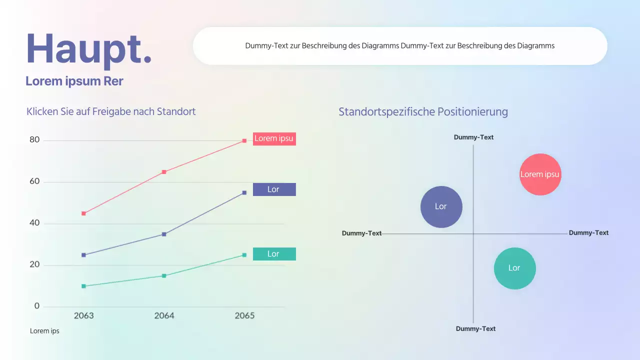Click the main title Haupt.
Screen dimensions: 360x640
(88, 48)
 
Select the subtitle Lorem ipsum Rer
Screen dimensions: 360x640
(74, 81)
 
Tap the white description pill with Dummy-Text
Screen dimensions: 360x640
(400, 46)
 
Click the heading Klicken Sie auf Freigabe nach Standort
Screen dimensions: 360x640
(111, 111)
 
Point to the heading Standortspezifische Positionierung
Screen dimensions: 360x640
(423, 112)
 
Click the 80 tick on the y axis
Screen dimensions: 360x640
(34, 140)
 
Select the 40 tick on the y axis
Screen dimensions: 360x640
(34, 223)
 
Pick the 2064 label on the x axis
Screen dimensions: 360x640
(164, 315)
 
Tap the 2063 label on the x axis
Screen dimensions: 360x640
(83, 315)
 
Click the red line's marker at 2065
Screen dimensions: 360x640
(244, 140)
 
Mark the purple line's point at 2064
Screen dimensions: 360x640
(164, 234)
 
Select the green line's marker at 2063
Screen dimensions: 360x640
(83, 286)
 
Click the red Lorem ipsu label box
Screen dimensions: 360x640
(274, 138)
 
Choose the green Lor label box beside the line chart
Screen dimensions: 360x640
(274, 254)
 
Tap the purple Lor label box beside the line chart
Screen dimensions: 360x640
(274, 189)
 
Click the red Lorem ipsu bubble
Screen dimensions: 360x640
(540, 174)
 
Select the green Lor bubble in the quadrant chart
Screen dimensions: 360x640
(514, 268)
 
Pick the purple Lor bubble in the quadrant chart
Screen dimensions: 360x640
(441, 206)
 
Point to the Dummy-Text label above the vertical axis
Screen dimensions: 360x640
(473, 137)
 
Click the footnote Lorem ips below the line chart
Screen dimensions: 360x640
(44, 331)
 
